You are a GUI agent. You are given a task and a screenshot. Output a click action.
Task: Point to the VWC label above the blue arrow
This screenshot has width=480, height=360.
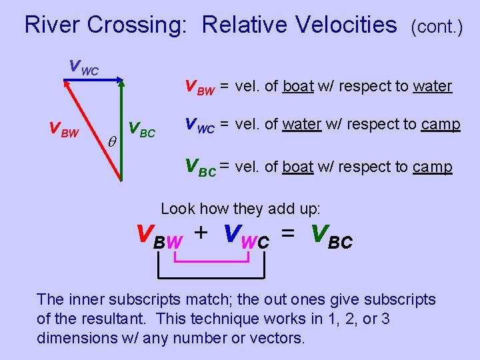[x=84, y=67]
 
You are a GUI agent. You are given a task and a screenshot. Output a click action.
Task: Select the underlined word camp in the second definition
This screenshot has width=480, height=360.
[x=441, y=125]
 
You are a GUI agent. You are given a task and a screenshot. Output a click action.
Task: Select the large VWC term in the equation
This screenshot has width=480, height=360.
[x=247, y=235]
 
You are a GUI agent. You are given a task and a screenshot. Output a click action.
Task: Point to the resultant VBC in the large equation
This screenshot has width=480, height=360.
[x=331, y=235]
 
